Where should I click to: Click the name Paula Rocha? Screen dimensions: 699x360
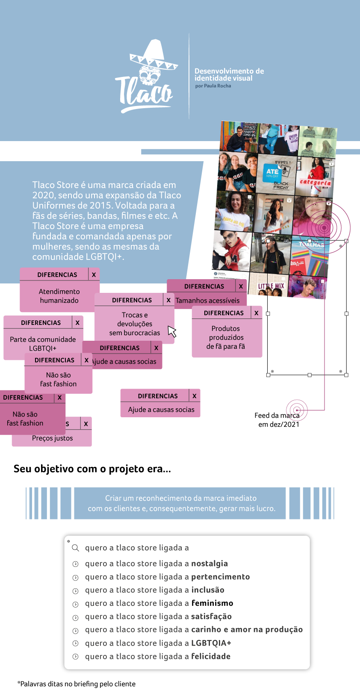[x=217, y=86]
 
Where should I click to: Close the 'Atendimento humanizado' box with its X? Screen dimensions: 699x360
[x=94, y=274]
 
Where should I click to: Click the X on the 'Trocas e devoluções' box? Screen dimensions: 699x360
[x=168, y=300]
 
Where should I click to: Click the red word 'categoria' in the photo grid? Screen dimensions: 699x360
[x=315, y=183]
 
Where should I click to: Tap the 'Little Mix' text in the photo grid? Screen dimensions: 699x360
[x=271, y=286]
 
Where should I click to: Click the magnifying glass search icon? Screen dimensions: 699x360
[x=75, y=548]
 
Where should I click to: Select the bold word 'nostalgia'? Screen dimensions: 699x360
[x=209, y=563]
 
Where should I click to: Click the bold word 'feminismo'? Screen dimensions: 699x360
[x=212, y=603]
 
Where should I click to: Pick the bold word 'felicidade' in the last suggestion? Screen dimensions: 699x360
[x=211, y=656]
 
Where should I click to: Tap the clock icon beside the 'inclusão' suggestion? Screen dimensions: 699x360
[x=75, y=590]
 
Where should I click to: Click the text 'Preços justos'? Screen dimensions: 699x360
[x=52, y=438]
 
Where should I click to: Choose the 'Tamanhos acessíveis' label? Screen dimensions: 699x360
[x=207, y=301]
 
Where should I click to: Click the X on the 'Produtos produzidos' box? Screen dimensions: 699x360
[x=256, y=313]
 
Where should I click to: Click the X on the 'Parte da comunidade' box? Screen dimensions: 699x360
[x=77, y=322]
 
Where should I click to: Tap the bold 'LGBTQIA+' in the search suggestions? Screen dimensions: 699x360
[x=211, y=643]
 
